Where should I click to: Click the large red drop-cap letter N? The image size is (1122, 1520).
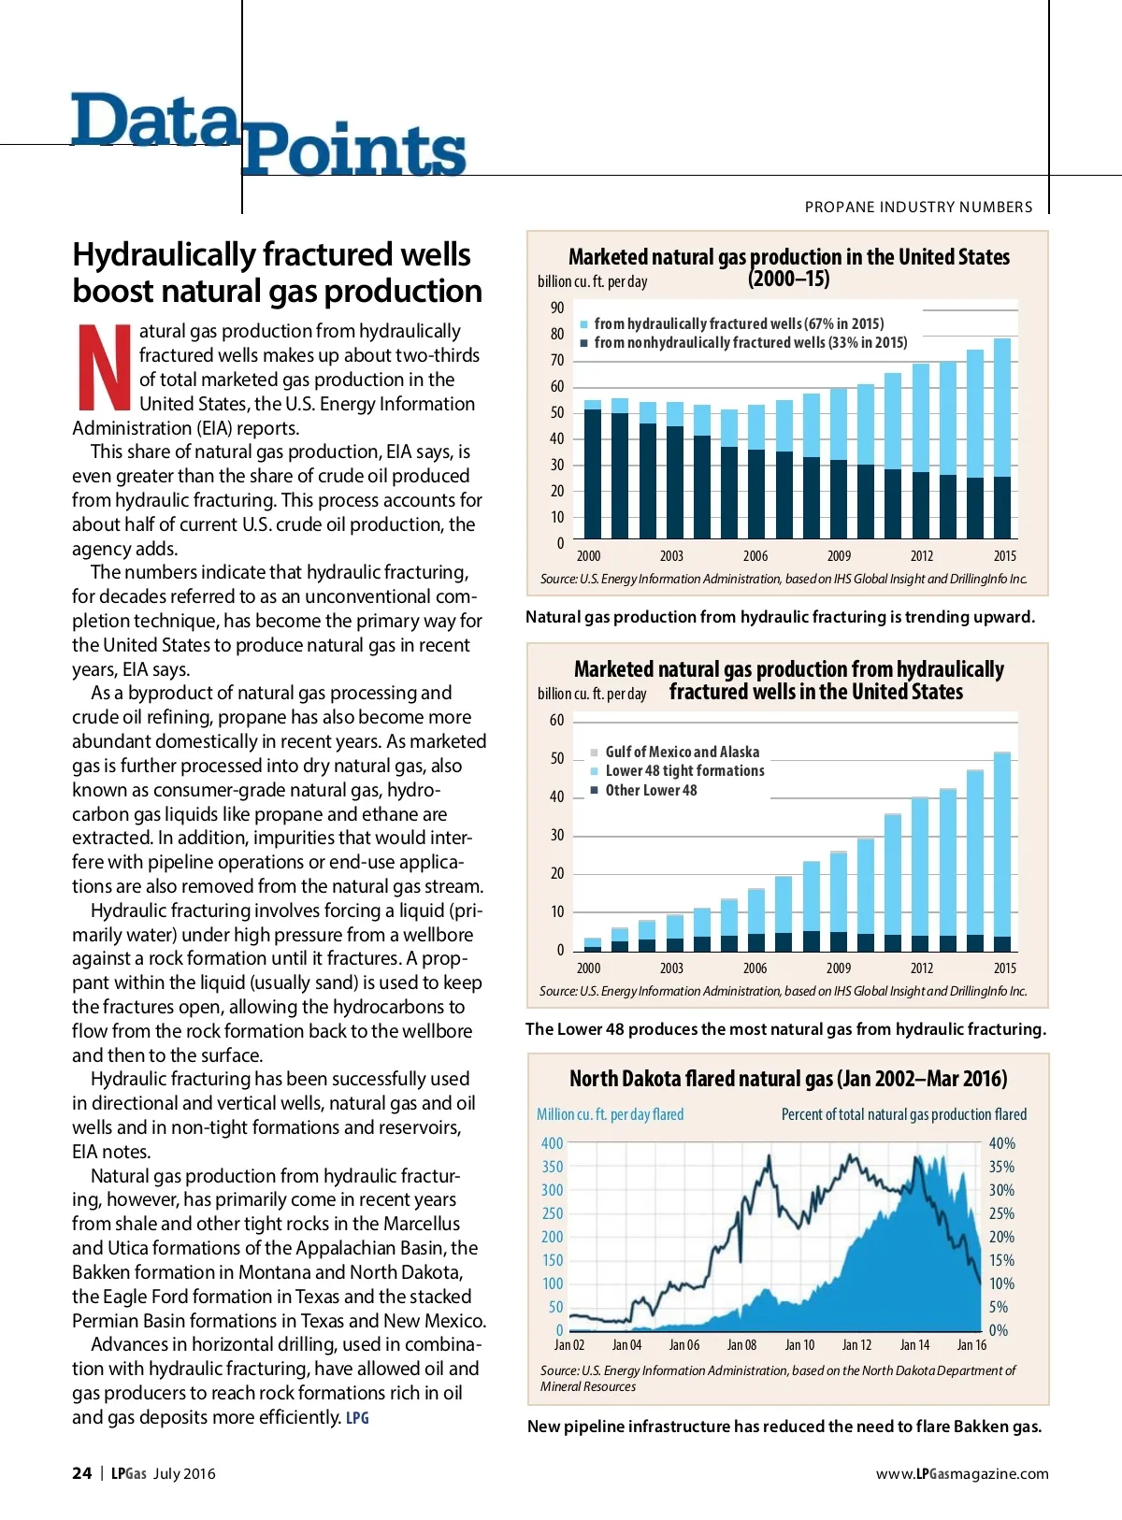(x=104, y=366)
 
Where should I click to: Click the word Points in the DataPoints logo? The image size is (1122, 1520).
(x=353, y=151)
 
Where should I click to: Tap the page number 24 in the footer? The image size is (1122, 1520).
(x=82, y=1473)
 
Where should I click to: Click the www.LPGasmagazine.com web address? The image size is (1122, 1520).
(x=962, y=1473)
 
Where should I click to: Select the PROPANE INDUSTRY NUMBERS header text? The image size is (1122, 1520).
(x=918, y=207)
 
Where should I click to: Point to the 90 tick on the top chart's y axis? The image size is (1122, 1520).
(x=557, y=308)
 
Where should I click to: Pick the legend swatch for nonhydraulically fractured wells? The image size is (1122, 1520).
(x=583, y=343)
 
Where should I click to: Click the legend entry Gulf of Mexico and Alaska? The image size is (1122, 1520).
(x=682, y=752)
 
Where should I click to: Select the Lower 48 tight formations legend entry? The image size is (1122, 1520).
(x=684, y=771)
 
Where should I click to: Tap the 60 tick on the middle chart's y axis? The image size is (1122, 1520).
(x=557, y=720)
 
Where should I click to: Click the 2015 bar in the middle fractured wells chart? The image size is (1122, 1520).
(x=1002, y=851)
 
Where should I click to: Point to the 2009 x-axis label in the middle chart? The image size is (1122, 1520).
(x=839, y=968)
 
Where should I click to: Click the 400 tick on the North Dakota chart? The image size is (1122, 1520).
(x=553, y=1143)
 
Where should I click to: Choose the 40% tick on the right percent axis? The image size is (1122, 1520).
(x=1001, y=1143)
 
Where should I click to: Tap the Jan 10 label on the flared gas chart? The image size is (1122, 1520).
(x=799, y=1345)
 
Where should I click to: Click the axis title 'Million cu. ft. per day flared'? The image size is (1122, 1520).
(x=610, y=1114)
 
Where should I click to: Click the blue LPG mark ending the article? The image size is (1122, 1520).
(x=357, y=1418)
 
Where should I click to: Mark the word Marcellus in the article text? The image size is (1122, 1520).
(x=414, y=1224)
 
